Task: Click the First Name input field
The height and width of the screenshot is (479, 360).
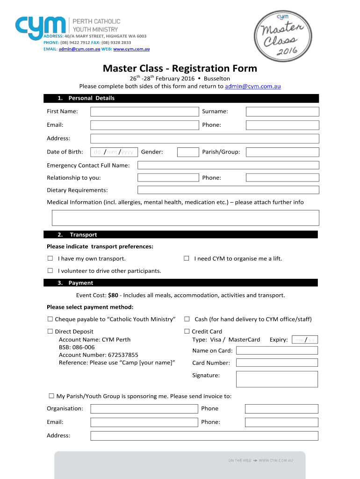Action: point(144,111)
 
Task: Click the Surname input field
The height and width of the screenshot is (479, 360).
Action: point(282,111)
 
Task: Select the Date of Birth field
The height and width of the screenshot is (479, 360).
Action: point(114,152)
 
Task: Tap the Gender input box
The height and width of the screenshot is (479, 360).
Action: point(188,152)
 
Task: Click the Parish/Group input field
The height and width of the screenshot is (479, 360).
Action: point(282,152)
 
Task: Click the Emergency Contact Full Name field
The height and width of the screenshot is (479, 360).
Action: point(228,165)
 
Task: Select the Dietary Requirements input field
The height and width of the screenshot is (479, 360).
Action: point(228,190)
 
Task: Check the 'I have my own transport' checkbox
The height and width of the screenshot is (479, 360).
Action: point(50,259)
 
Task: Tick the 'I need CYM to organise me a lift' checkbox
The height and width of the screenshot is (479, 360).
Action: point(186,259)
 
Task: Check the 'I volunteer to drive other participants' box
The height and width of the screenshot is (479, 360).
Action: point(50,271)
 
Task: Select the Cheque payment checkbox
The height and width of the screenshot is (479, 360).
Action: point(50,319)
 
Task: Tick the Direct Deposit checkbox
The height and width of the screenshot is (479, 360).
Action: point(50,332)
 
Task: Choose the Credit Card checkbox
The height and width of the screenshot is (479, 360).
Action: point(187,332)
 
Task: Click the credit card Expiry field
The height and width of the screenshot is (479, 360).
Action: point(304,340)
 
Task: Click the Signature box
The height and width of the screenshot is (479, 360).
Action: point(277,379)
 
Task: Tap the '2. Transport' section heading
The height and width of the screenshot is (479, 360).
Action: point(83,235)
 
